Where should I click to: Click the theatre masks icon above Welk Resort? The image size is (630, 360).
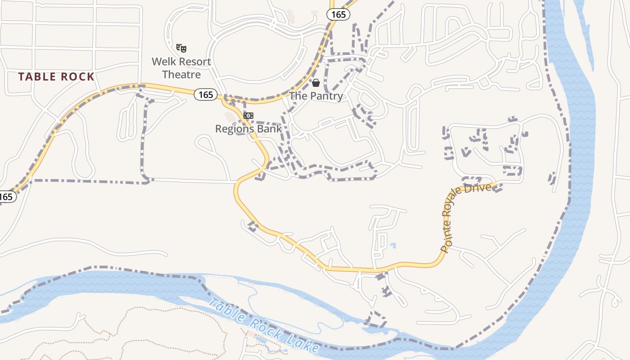coord(181,48)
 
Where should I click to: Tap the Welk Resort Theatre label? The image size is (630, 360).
coord(181,68)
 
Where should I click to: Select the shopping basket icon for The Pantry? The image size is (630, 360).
coord(316,83)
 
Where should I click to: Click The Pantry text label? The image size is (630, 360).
coord(316,96)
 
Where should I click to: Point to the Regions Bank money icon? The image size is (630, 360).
coord(248,116)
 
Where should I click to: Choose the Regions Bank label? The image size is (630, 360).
coord(248,129)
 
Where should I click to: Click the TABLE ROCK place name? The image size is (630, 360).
coord(57,77)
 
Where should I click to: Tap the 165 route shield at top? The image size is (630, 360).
coord(338,15)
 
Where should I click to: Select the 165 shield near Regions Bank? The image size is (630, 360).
coord(206,94)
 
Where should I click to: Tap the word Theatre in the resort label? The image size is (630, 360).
coord(181,74)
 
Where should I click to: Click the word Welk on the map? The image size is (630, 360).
coord(162,62)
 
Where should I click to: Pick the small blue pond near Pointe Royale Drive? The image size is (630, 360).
coord(393,246)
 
